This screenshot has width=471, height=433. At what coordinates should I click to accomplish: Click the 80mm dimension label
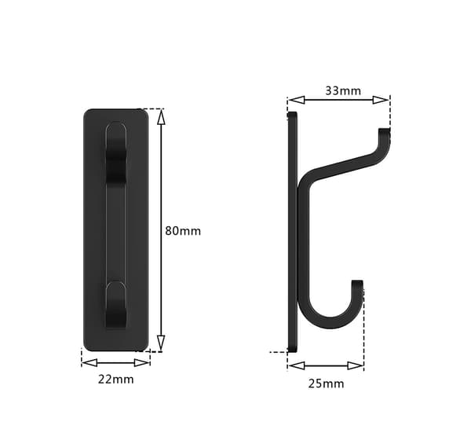coord(183,231)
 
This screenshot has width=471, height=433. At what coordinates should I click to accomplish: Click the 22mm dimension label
coord(116,380)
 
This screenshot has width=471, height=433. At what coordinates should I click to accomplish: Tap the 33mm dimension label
coord(343,90)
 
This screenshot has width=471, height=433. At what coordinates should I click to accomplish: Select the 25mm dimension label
coord(327,383)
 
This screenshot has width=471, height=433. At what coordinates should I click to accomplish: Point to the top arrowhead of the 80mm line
coord(161,117)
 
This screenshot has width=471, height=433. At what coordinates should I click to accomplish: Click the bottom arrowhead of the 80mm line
coord(161,343)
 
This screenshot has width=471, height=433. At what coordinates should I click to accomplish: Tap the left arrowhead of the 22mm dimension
coord(89,362)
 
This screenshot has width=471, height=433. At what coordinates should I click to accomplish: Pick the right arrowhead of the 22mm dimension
coord(142,362)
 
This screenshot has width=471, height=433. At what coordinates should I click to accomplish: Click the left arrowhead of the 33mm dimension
coord(297,100)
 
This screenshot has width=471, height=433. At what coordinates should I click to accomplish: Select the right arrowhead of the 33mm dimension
coord(381,100)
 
